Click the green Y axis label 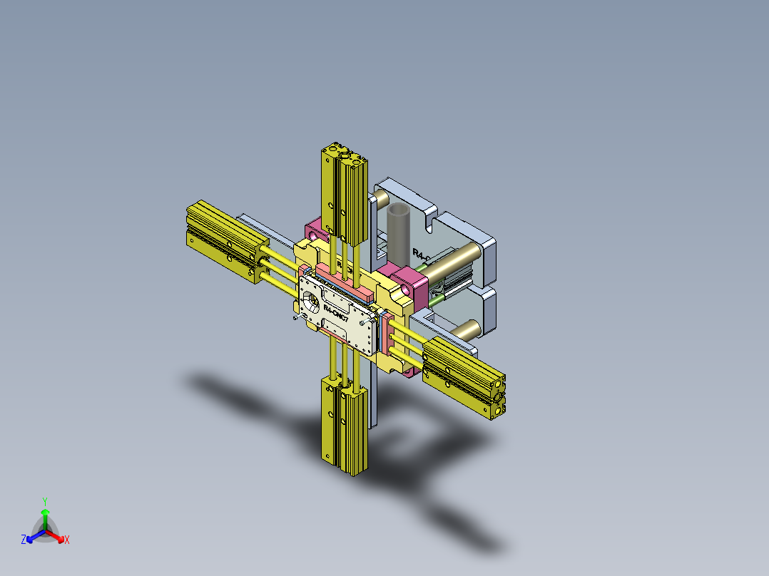pyautogui.click(x=45, y=500)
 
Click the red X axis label pyautogui.click(x=66, y=540)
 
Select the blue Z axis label pyautogui.click(x=24, y=540)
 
